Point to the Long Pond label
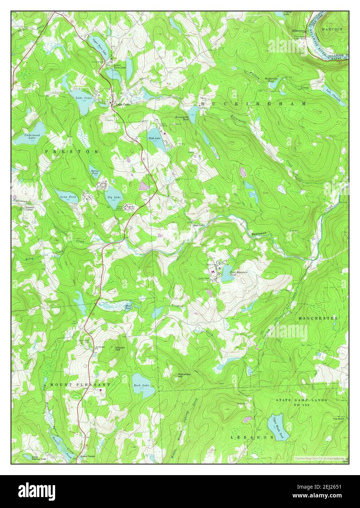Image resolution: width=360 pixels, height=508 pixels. pyautogui.click(x=68, y=197)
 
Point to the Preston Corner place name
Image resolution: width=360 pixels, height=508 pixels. pyautogui.click(x=30, y=208)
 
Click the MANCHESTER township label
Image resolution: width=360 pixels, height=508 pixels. pyautogui.click(x=318, y=318)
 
